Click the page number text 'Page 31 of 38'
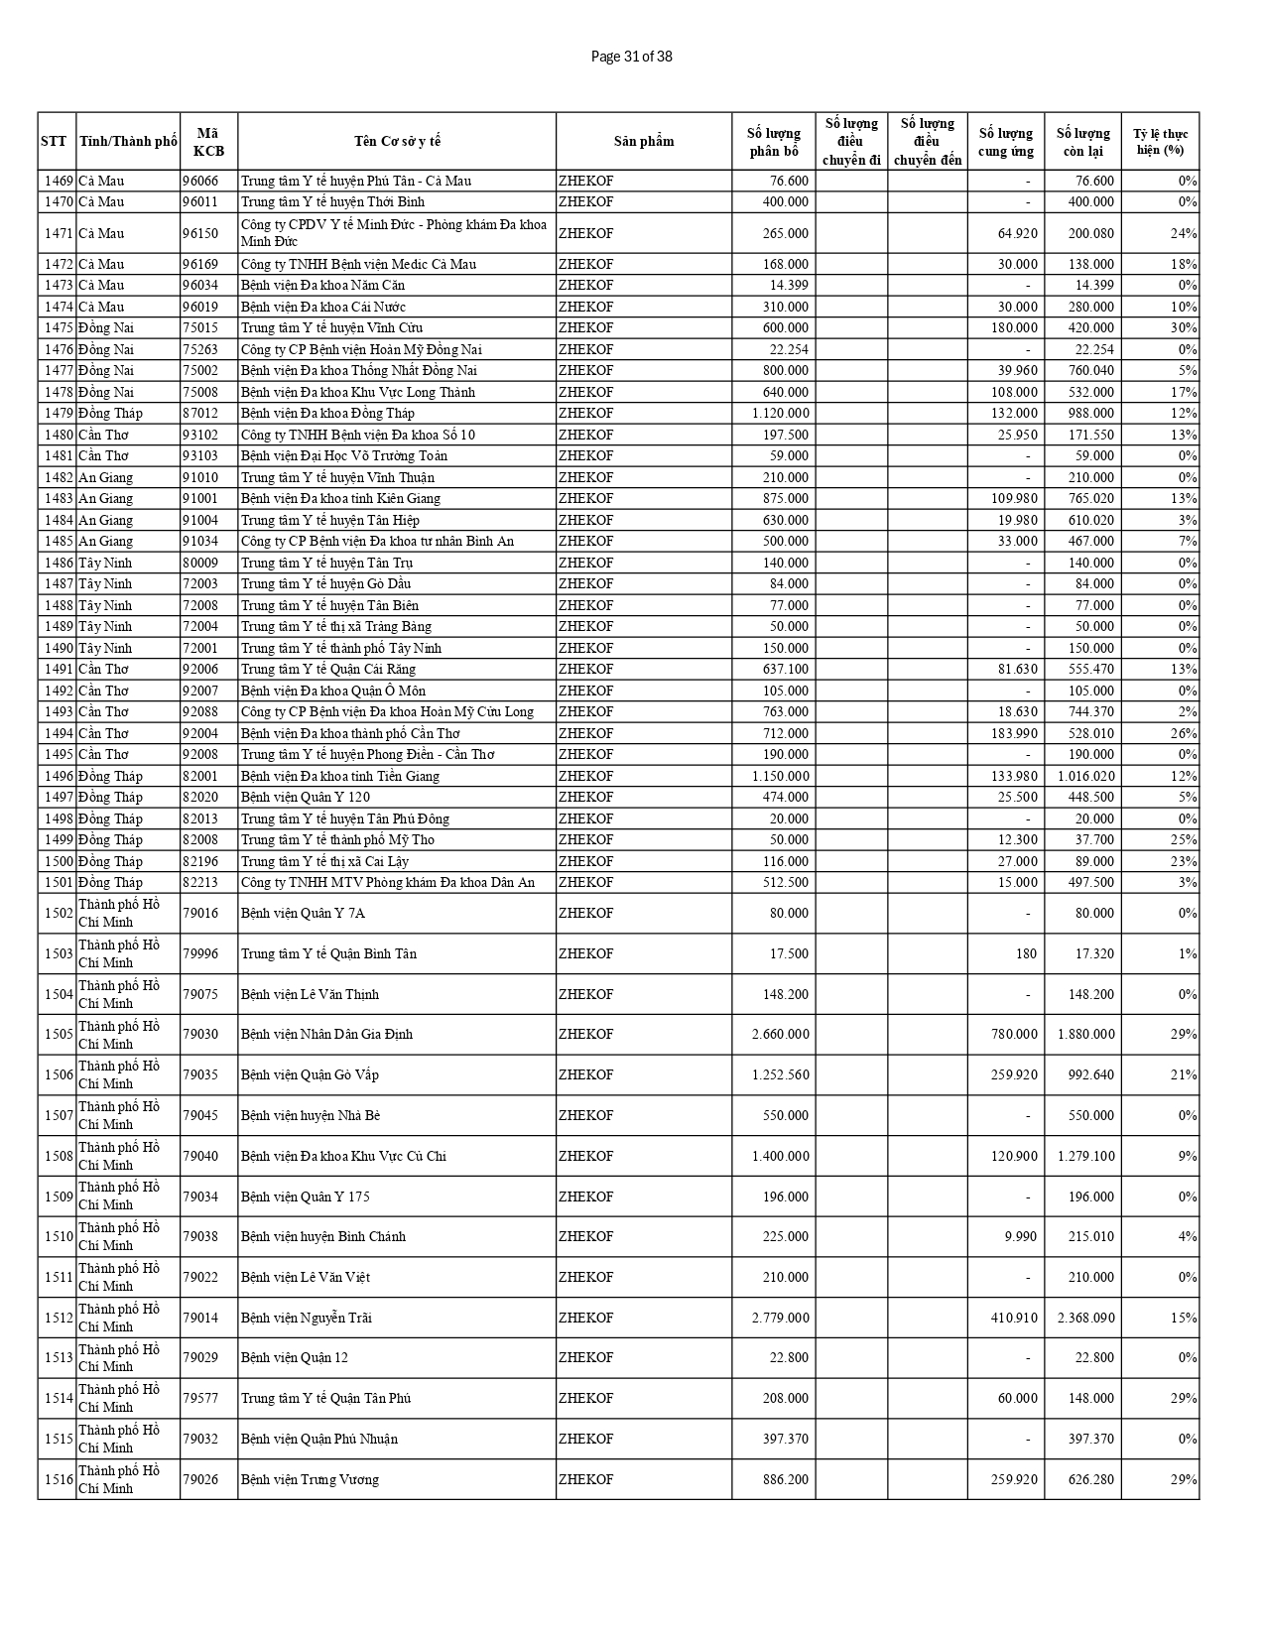[631, 57]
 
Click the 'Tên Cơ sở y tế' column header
[397, 141]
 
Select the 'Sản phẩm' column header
[643, 141]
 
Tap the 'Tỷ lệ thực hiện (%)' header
[1160, 141]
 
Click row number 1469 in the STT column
[58, 181]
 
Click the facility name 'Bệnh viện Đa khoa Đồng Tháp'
[327, 413]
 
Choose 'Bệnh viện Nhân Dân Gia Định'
[326, 1034]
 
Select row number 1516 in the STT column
[58, 1479]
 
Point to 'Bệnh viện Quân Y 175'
[305, 1196]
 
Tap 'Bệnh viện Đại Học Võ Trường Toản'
[343, 455]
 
